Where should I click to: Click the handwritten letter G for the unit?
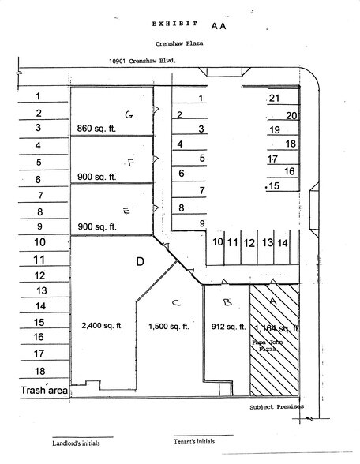pyautogui.click(x=127, y=114)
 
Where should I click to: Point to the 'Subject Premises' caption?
pyautogui.click(x=276, y=407)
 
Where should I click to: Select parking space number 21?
pyautogui.click(x=275, y=99)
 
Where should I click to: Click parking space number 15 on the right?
pyautogui.click(x=275, y=186)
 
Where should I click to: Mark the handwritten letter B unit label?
pyautogui.click(x=227, y=301)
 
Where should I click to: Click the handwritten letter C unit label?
pyautogui.click(x=176, y=301)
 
